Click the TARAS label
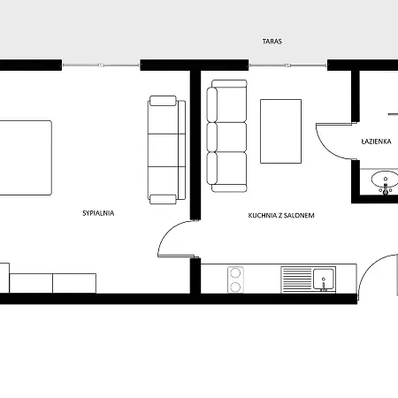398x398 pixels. click(272, 42)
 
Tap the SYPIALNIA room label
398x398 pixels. click(98, 213)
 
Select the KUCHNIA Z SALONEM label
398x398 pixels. click(281, 216)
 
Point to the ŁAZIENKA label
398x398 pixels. click(377, 142)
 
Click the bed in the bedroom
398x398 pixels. click(26, 157)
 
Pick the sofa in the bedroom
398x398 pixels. click(166, 149)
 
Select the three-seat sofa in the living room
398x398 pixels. click(226, 136)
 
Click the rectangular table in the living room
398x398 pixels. click(280, 131)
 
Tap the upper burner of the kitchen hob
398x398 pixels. click(235, 273)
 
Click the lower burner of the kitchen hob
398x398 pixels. click(235, 287)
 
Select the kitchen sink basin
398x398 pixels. click(324, 279)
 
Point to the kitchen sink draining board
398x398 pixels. click(296, 279)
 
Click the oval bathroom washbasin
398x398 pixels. click(385, 180)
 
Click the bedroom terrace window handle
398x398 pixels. click(101, 65)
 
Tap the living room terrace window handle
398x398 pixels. click(287, 65)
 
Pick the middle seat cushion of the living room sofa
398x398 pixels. click(226, 137)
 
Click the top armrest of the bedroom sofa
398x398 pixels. click(163, 101)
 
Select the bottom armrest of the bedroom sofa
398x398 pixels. click(163, 199)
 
